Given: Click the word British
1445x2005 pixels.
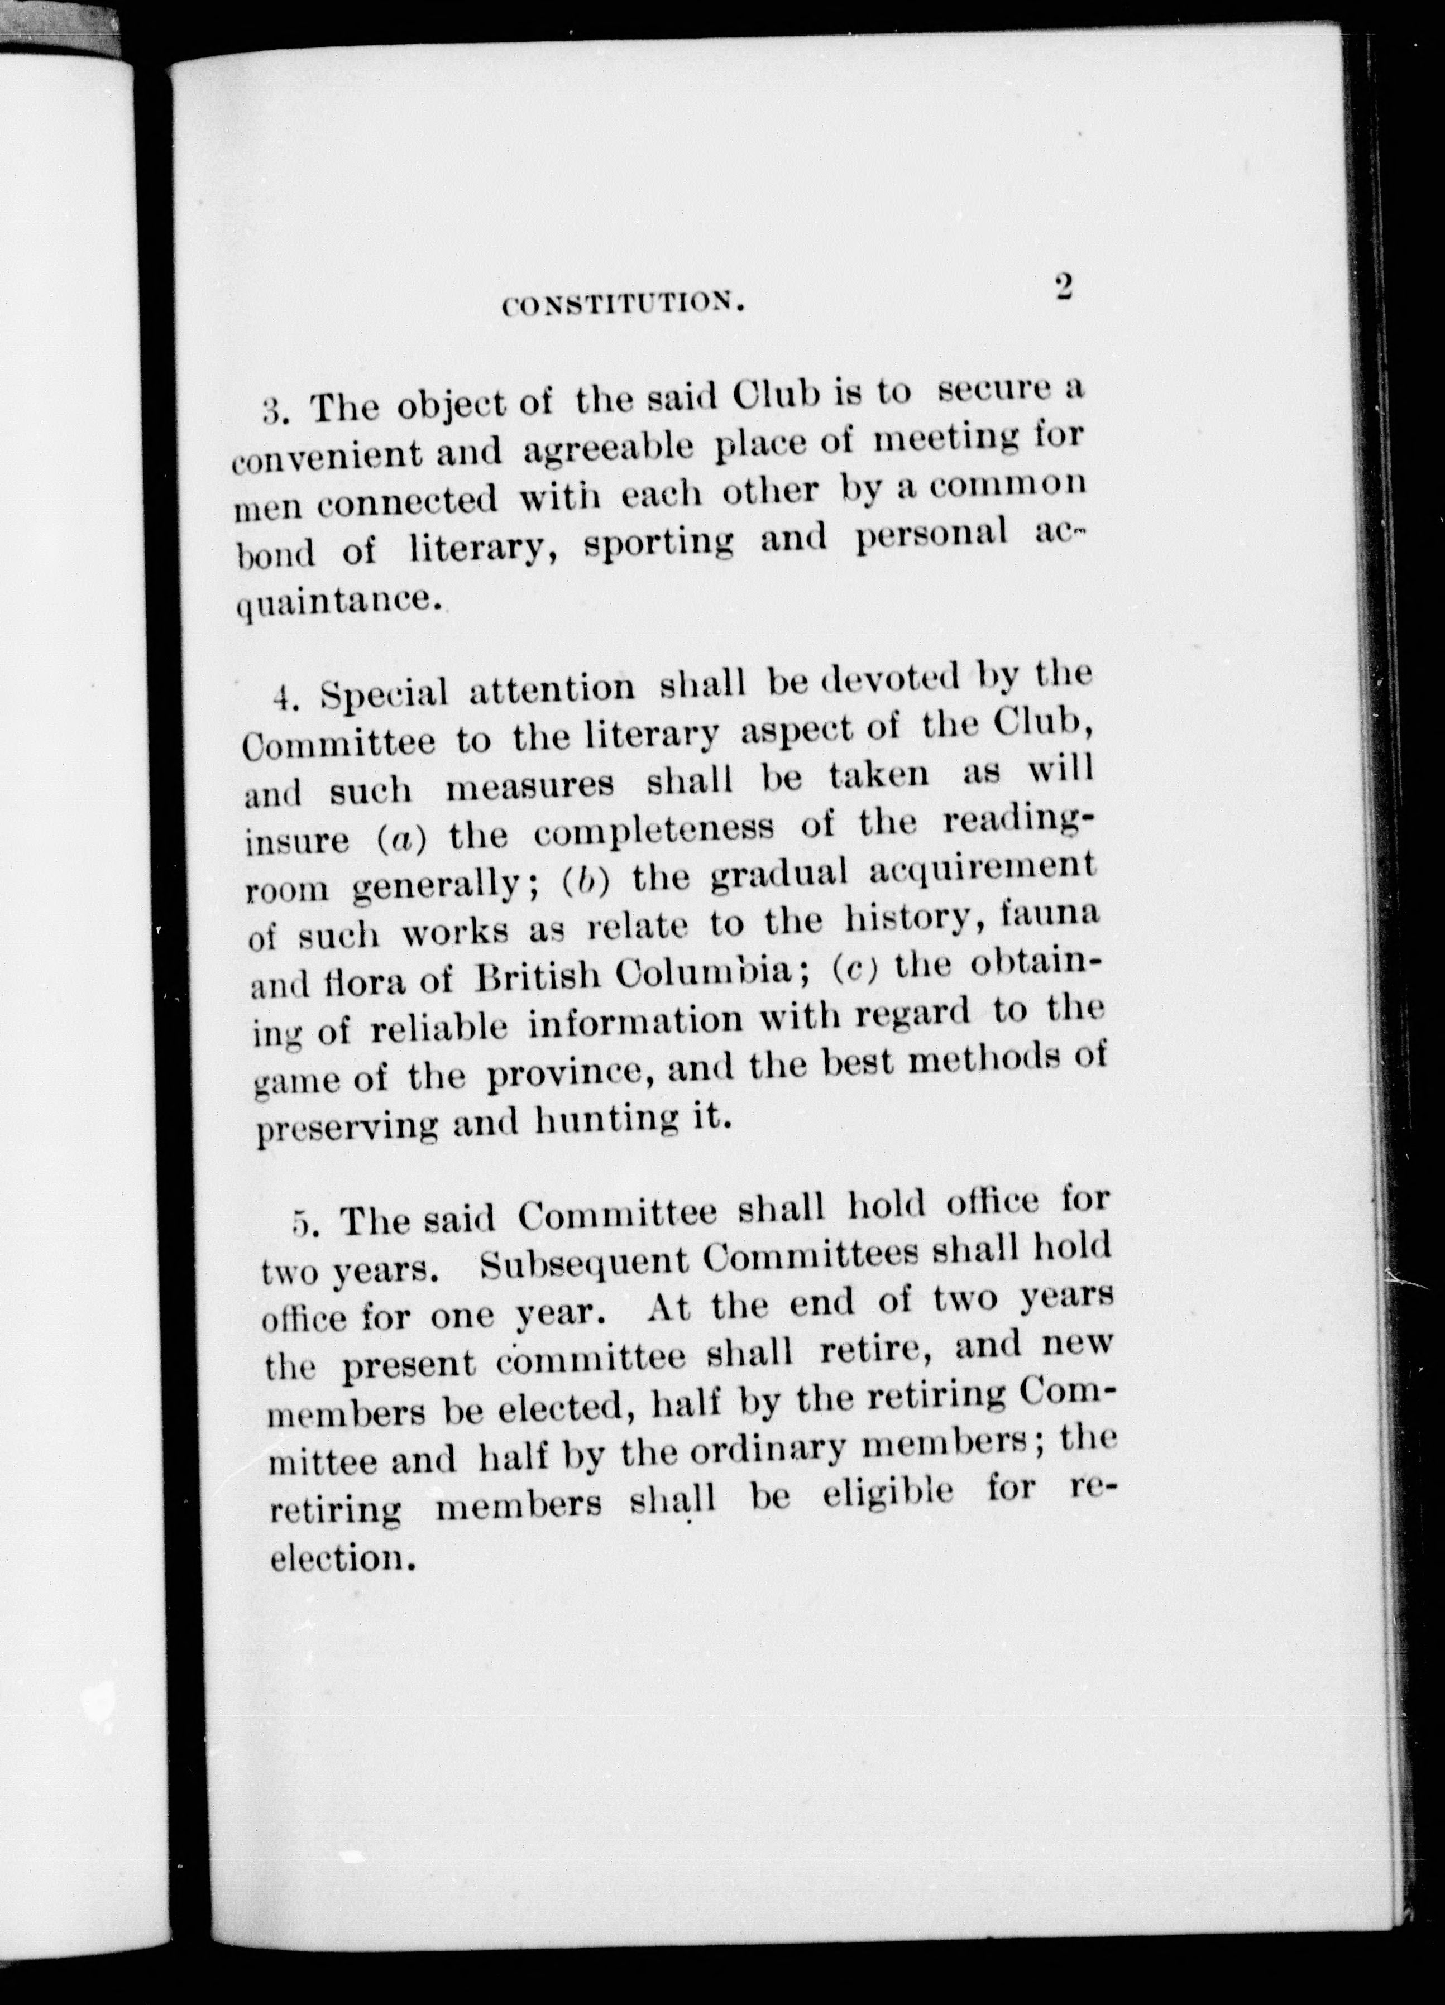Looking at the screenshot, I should point(539,978).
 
